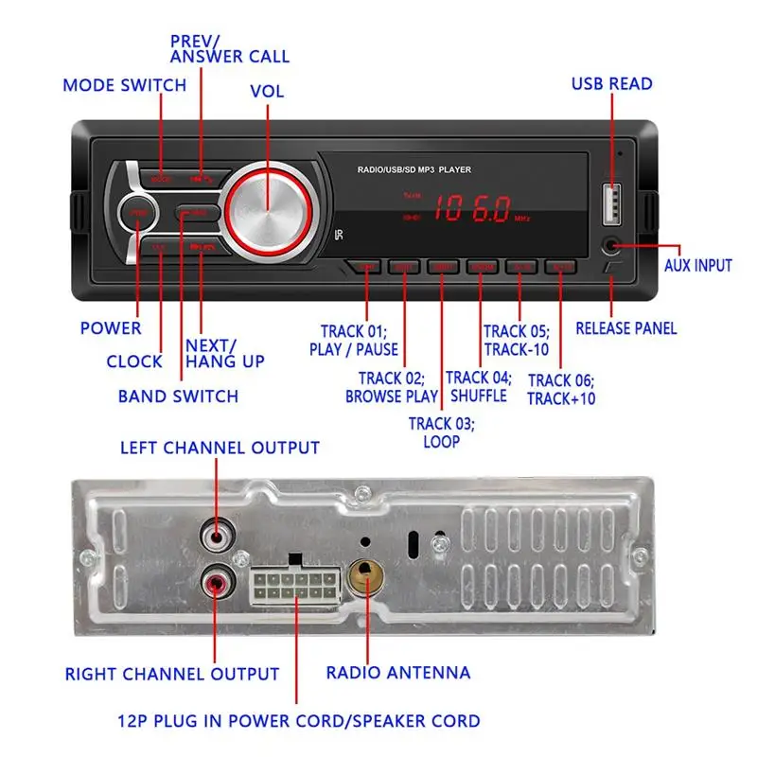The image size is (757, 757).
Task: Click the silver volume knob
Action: tap(267, 207)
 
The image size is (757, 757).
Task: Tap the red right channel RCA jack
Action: tap(217, 578)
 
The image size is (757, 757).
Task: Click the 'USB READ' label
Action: tap(611, 83)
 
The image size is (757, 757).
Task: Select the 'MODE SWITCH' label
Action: tap(125, 85)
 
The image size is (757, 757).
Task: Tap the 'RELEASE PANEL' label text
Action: tap(626, 328)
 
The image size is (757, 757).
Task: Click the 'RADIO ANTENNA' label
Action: tap(398, 673)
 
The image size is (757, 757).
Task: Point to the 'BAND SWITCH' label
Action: tap(178, 396)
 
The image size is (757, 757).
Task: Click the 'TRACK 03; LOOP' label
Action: tap(442, 431)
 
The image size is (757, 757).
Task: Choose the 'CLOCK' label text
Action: tap(134, 361)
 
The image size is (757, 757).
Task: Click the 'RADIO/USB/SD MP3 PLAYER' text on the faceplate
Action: tap(414, 170)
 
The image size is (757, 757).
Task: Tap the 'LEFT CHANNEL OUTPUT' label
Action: tap(220, 447)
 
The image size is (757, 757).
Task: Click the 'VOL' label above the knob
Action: tap(267, 92)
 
